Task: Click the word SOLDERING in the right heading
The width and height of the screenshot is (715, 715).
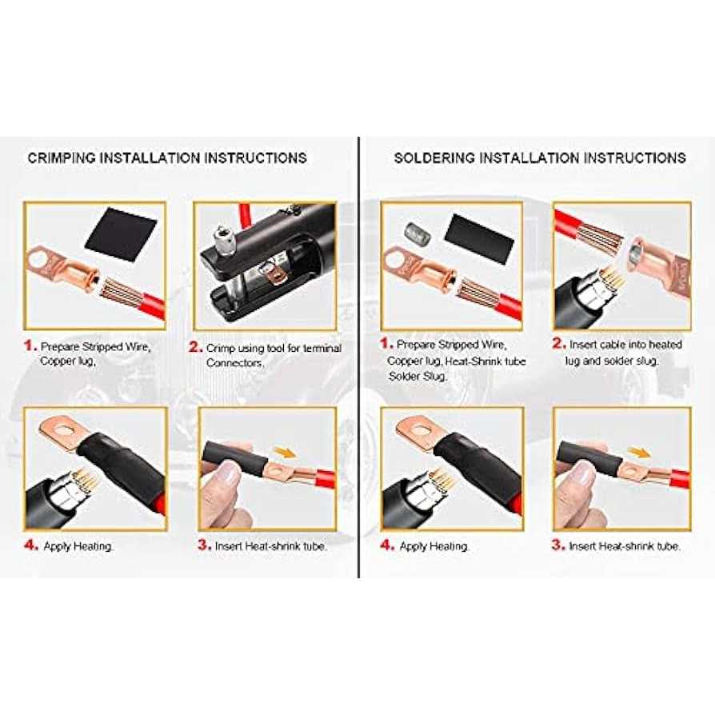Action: click(x=428, y=158)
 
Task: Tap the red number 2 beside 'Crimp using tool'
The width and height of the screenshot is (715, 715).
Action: click(x=195, y=347)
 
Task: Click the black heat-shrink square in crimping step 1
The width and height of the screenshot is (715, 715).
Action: click(x=121, y=234)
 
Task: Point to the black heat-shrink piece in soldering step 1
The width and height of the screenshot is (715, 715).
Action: click(x=479, y=238)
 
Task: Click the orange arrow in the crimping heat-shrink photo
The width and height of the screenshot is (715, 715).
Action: click(x=285, y=453)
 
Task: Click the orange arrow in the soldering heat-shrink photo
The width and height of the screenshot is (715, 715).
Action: click(x=639, y=453)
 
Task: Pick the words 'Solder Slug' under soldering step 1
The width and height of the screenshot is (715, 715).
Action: click(x=417, y=377)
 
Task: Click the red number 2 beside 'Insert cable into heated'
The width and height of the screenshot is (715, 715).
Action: click(x=558, y=343)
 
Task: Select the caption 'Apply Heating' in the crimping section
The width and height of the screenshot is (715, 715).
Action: click(x=78, y=546)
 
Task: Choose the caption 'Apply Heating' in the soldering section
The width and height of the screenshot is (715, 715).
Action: click(x=433, y=546)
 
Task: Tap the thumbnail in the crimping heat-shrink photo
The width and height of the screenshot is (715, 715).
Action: click(x=227, y=473)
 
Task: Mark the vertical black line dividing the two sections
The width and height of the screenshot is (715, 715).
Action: click(x=359, y=357)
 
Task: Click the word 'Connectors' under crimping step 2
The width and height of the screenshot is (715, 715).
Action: click(x=234, y=363)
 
